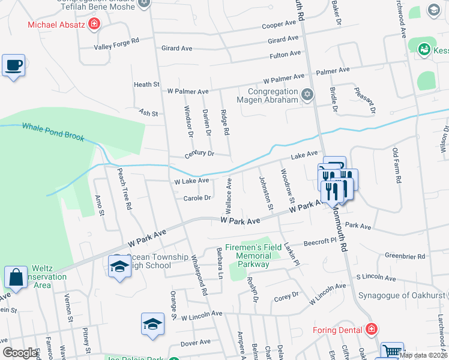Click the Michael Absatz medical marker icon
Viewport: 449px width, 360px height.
pos(94,24)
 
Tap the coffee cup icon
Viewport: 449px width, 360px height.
pos(13,65)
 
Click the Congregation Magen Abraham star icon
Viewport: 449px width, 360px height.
pos(307,94)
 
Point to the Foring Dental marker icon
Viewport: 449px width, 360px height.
pos(372,329)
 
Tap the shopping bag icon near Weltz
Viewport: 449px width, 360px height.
pos(16,277)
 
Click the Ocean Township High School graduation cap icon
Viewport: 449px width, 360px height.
pos(119,266)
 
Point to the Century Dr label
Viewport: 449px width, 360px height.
pos(199,155)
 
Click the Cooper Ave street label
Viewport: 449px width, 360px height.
pos(279,25)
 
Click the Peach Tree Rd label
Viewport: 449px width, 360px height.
pos(124,188)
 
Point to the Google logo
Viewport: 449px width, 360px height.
pos(20,353)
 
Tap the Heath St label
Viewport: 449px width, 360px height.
pos(146,85)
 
